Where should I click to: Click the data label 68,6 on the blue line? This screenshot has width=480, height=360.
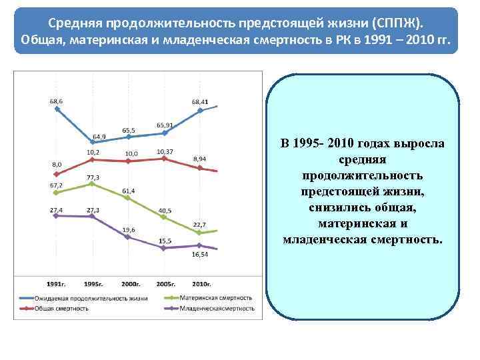pyautogui.click(x=56, y=101)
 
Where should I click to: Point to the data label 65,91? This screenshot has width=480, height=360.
pyautogui.click(x=165, y=125)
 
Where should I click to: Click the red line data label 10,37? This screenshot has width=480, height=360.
pyautogui.click(x=165, y=152)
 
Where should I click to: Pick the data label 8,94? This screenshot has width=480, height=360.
pyautogui.click(x=199, y=159)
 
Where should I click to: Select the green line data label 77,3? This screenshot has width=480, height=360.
pyautogui.click(x=93, y=177)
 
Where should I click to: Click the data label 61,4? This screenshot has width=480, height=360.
pyautogui.click(x=129, y=191)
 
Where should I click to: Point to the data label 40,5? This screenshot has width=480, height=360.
pyautogui.click(x=165, y=211)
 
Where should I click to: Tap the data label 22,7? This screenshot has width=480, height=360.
pyautogui.click(x=199, y=224)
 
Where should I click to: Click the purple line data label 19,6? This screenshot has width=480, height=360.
pyautogui.click(x=129, y=229)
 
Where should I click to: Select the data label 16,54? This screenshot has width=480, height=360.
pyautogui.click(x=200, y=255)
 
